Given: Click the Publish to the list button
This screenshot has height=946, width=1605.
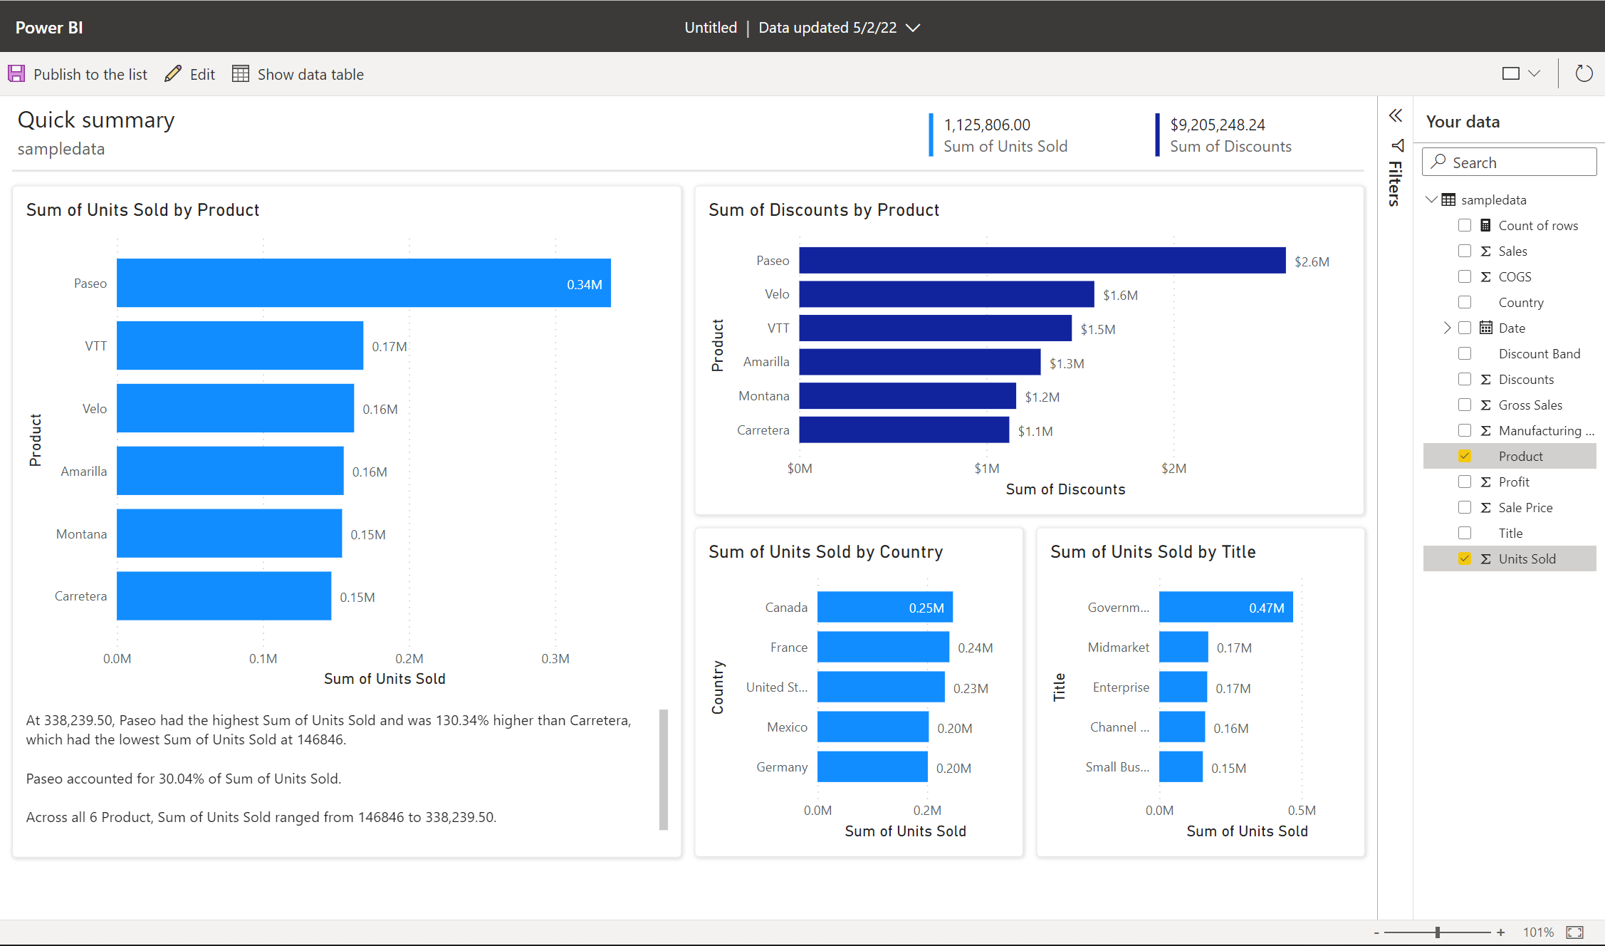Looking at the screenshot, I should click(78, 74).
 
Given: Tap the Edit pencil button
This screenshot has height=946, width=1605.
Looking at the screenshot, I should click(190, 74).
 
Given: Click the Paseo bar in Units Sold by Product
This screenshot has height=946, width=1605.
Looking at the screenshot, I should click(363, 283).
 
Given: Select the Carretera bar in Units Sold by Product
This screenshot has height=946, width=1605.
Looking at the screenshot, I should click(224, 596).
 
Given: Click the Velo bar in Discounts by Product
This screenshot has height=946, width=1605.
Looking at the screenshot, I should click(946, 294).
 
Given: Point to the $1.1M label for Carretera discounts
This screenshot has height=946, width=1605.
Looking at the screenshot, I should click(1035, 431).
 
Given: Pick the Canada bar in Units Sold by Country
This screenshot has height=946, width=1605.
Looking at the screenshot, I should click(884, 607).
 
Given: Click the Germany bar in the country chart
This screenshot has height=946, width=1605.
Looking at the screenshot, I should click(872, 767).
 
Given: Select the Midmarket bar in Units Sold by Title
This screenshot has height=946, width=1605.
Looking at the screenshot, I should click(1183, 647).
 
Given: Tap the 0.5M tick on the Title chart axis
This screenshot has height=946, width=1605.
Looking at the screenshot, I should click(1301, 810).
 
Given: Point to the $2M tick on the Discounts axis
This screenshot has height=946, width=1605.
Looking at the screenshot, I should click(1173, 468).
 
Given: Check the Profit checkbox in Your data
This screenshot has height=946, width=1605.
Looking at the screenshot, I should click(1464, 482).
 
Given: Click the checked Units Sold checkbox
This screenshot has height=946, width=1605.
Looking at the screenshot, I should click(1464, 558).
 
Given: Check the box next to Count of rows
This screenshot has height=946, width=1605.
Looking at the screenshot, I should click(1464, 225).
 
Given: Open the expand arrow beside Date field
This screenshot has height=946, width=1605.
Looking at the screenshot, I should click(1446, 328).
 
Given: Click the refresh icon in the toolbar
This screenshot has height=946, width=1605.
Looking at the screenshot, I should click(1583, 73).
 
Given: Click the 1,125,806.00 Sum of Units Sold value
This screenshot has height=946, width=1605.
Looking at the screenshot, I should click(986, 125).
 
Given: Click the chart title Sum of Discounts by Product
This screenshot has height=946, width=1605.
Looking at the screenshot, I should click(823, 210).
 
